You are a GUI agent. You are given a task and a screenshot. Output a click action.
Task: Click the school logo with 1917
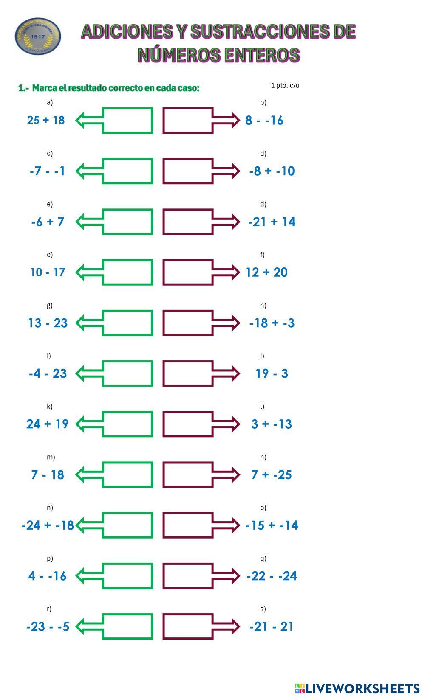point(38,36)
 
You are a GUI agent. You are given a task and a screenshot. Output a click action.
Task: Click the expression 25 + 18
point(46,120)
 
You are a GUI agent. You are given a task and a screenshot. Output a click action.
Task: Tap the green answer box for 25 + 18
point(127,121)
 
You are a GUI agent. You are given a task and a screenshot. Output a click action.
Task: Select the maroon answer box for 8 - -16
point(188,121)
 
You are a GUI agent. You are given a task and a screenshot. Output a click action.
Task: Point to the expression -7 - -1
point(48,171)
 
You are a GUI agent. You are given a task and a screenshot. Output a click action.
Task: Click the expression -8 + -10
point(272,171)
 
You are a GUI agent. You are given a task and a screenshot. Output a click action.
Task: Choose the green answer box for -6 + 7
point(127,222)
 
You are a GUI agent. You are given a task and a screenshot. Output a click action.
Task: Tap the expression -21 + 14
point(272,222)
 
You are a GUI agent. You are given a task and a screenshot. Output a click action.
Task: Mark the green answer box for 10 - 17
point(127,272)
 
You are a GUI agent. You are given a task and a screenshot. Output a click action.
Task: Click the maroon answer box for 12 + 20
point(188,272)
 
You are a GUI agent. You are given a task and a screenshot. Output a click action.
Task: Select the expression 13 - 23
point(48,323)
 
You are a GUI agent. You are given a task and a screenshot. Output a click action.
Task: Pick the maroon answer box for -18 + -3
point(188,323)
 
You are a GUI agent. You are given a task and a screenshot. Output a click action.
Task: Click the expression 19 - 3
point(272,373)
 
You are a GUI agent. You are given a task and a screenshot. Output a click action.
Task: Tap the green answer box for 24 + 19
point(127,424)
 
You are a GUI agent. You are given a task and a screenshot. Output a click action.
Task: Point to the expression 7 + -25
point(272,474)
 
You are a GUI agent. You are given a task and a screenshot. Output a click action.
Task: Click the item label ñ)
point(50,508)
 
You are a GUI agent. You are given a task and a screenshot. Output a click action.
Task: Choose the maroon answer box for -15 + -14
point(188,525)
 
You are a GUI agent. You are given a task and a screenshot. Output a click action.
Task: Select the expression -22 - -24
point(272,576)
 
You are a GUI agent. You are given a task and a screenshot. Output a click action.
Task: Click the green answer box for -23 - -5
point(127,626)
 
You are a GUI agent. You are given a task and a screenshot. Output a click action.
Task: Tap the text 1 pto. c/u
point(285,85)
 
